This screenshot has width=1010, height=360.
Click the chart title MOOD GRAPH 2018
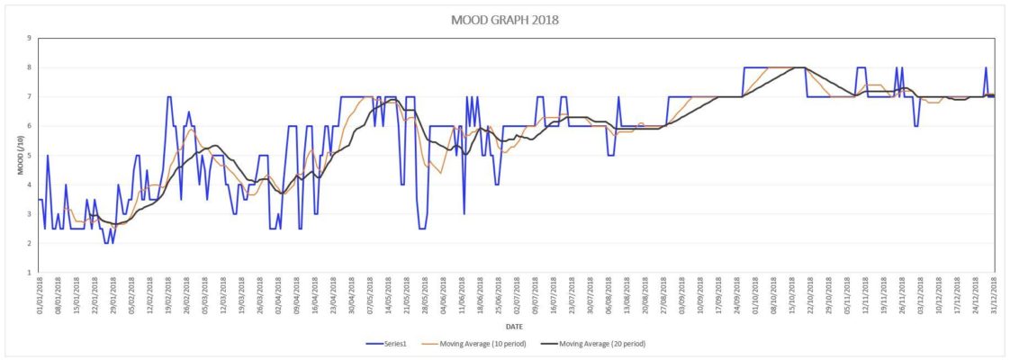coord(504,20)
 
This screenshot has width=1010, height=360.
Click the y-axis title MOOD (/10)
coord(14,155)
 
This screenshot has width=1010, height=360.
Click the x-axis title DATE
coord(515,327)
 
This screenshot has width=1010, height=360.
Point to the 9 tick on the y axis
coord(29,39)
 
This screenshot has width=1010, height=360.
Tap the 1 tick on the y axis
coord(29,273)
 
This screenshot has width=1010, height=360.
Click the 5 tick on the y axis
coord(29,156)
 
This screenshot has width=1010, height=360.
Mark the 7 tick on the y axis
coord(29,97)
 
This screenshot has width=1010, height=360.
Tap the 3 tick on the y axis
coord(29,214)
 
